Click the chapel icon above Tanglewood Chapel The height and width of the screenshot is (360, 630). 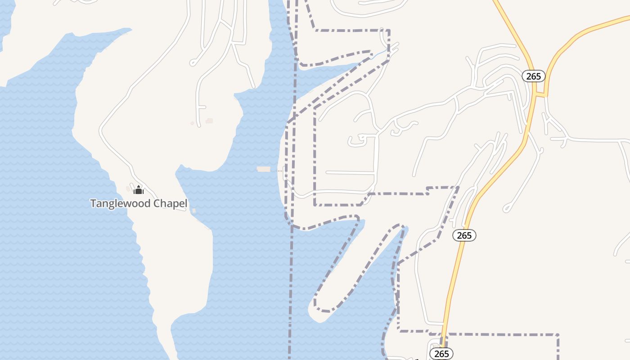(139, 190)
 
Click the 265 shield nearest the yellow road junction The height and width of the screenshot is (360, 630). (533, 76)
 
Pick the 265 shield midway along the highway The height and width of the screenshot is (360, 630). (464, 235)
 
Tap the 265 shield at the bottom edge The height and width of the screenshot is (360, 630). (441, 354)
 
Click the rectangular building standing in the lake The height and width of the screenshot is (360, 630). (264, 169)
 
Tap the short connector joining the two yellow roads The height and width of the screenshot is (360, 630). (540, 95)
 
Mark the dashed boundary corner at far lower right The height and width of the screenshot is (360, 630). (558, 335)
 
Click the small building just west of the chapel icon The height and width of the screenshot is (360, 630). (128, 189)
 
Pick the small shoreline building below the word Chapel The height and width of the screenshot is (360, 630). (194, 211)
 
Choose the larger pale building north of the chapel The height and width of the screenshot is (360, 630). (209, 121)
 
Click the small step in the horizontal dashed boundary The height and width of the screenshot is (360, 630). (427, 190)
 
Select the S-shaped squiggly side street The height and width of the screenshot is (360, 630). (403, 127)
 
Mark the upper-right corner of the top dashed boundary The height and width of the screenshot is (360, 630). (389, 31)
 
